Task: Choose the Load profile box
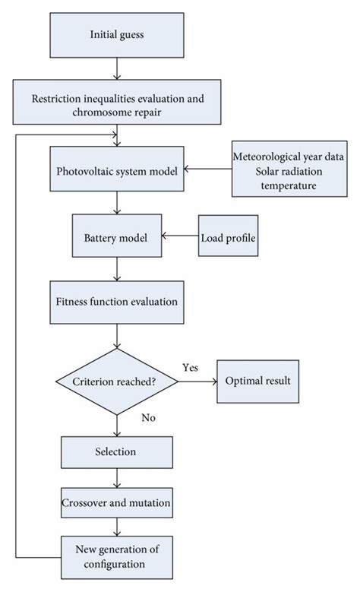[x=228, y=237]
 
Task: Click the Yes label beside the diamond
[x=191, y=367]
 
